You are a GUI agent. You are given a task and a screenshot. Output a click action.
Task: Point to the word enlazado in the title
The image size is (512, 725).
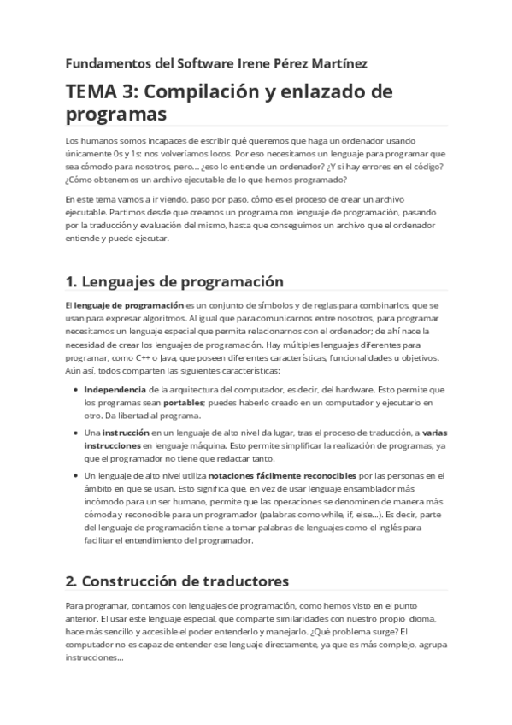(x=326, y=91)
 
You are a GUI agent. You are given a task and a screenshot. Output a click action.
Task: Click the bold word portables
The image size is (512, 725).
(x=183, y=402)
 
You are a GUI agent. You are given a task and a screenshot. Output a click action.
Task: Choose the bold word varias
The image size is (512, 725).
(x=436, y=433)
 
